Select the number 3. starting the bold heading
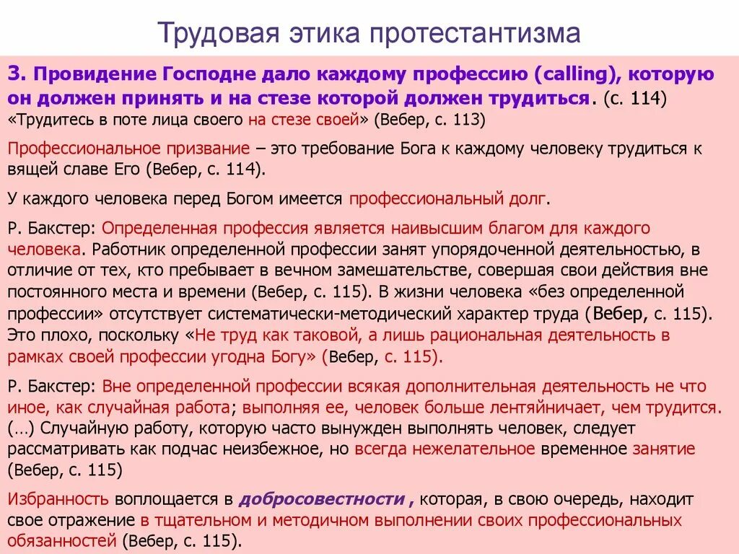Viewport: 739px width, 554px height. pos(17,74)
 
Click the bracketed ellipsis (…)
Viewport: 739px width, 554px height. pos(22,428)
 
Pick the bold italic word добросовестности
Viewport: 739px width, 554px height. pos(321,499)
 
